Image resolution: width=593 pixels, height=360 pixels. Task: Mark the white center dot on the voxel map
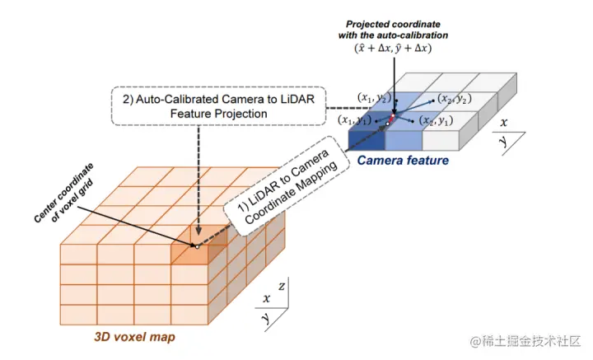[198, 246]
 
